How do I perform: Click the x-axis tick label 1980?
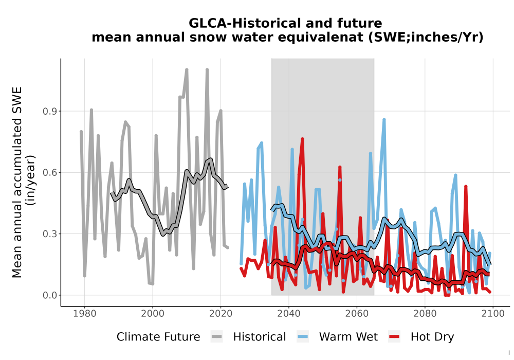(85, 314)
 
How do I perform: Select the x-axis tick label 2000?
(153, 314)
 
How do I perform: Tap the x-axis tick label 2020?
(221, 314)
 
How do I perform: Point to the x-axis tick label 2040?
(289, 314)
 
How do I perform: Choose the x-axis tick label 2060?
(357, 314)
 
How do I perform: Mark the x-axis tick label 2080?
(425, 314)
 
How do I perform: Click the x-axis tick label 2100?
(493, 314)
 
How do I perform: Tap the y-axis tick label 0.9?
(50, 112)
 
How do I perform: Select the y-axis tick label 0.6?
(50, 173)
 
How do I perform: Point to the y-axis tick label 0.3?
(50, 234)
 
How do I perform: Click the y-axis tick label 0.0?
(50, 295)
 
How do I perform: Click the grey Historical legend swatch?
(217, 337)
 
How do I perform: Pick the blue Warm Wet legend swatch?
(303, 337)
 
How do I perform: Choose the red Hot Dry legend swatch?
(394, 337)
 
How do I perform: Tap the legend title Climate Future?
(158, 337)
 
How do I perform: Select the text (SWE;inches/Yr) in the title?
(426, 38)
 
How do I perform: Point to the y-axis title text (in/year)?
(31, 180)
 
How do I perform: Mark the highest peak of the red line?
(302, 139)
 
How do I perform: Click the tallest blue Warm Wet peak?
(384, 120)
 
